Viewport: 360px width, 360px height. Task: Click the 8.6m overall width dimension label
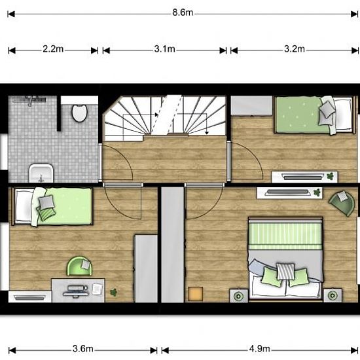click(183, 12)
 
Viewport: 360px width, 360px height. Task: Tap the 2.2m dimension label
click(53, 49)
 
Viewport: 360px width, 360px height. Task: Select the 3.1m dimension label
click(164, 49)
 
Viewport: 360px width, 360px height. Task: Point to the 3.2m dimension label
click(295, 49)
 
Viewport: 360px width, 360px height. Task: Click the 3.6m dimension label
click(83, 349)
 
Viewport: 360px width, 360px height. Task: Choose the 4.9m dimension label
click(260, 349)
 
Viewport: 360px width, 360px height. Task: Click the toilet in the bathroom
click(80, 113)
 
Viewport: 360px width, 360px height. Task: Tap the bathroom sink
click(41, 173)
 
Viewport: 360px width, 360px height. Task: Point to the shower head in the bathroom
click(30, 101)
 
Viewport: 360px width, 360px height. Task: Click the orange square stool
click(196, 294)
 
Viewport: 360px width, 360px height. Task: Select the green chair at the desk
click(79, 266)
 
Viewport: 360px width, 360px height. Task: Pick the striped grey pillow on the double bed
click(285, 271)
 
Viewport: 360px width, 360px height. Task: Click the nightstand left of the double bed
click(239, 296)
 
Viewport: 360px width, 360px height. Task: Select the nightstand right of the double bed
click(333, 295)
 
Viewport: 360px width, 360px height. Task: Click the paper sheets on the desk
click(97, 289)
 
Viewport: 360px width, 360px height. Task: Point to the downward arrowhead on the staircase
click(207, 132)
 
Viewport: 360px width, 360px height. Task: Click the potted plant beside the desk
click(113, 293)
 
